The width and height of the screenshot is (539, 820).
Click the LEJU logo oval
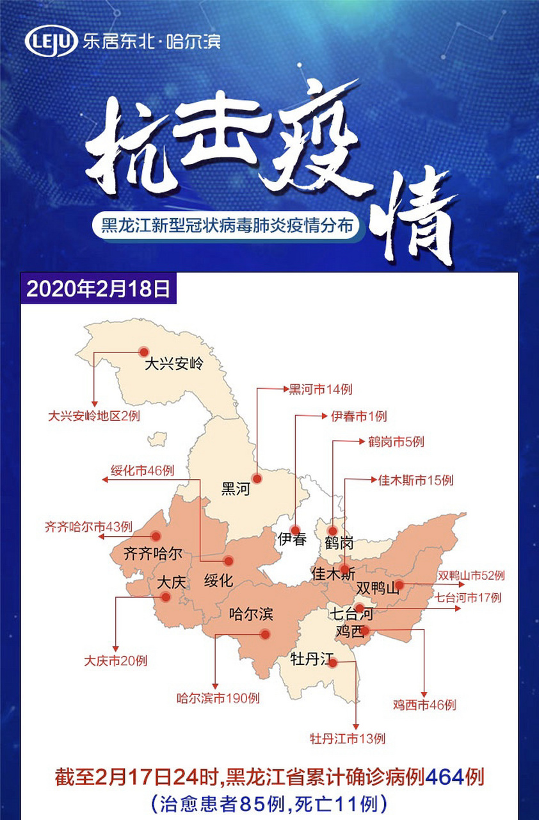(51, 42)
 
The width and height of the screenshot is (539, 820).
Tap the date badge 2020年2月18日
(98, 288)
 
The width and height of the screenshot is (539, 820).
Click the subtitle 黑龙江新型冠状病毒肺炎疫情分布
(225, 226)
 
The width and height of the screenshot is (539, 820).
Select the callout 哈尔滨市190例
(218, 698)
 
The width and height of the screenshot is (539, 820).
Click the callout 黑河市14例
(320, 389)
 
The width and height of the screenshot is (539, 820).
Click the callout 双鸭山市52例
(471, 576)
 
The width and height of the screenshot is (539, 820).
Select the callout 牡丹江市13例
(348, 739)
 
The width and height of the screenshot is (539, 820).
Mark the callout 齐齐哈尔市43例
(88, 527)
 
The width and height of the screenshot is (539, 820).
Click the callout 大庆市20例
(115, 660)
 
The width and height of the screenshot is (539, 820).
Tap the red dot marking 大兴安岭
(143, 351)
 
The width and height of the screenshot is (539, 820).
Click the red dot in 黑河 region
(257, 478)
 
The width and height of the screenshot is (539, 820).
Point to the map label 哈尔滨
(251, 614)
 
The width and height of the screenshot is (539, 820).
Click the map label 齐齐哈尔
(152, 553)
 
